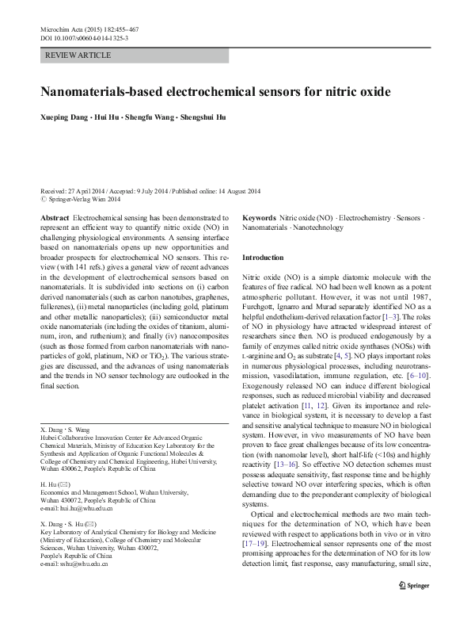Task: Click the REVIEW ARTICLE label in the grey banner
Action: [x=79, y=55]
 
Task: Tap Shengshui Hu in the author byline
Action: [x=201, y=117]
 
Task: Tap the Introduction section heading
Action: [x=261, y=258]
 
